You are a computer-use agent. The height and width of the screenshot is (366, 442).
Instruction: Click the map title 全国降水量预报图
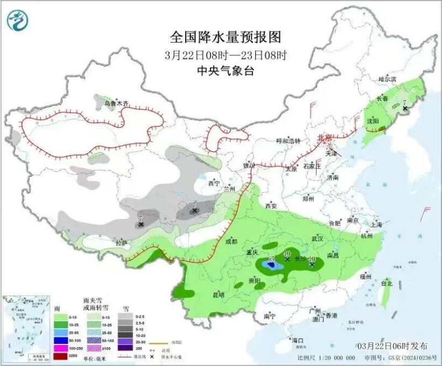(225, 37)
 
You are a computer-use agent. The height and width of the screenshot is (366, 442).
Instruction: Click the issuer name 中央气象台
(225, 71)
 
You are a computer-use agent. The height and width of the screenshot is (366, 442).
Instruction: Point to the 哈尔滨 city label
(387, 80)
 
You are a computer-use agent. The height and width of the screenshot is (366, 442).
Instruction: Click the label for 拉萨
(121, 243)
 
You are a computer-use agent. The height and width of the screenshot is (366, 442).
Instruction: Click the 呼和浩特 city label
(287, 141)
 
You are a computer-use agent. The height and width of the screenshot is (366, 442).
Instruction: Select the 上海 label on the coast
(377, 224)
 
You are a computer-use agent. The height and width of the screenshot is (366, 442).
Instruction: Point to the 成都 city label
(231, 242)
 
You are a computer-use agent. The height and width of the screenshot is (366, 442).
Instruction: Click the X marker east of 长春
(406, 109)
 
